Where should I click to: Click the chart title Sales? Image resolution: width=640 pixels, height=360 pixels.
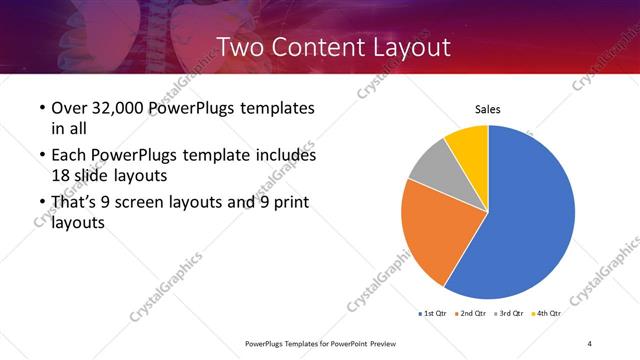coord(487,110)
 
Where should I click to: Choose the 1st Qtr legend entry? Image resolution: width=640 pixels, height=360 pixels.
coord(434,313)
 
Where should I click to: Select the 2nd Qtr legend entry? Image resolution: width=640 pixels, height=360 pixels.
coord(473,313)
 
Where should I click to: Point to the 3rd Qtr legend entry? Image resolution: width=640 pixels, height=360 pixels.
coord(511,313)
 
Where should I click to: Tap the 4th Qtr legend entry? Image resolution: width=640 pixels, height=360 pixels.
coord(548,313)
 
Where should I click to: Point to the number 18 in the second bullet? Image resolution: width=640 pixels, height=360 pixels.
coord(61,175)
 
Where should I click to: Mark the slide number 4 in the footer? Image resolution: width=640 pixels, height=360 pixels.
coord(590,344)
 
